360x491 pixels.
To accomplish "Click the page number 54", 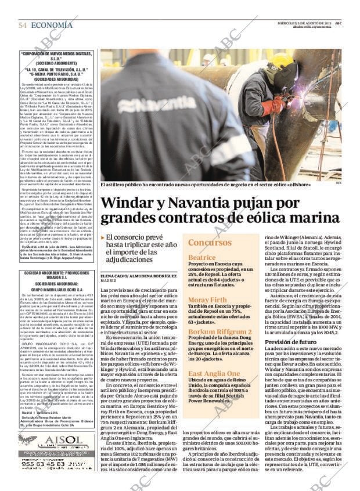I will pyautogui.click(x=22, y=25).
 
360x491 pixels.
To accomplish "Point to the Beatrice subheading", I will pyautogui.click(x=201, y=257).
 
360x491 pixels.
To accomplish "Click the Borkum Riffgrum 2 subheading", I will pyautogui.click(x=219, y=331).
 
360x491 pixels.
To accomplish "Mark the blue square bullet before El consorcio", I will pyautogui.click(x=103, y=238).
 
